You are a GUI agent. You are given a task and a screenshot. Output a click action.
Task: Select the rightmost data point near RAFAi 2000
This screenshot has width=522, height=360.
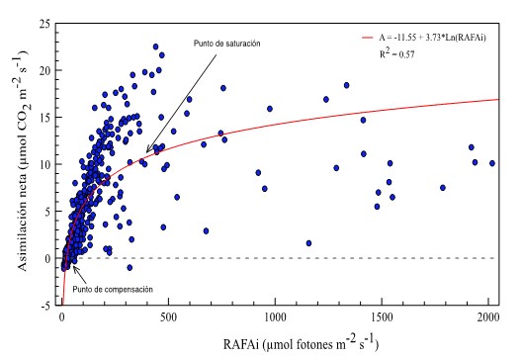(491, 163)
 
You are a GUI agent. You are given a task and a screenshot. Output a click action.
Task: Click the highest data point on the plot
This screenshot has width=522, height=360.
(155, 45)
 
